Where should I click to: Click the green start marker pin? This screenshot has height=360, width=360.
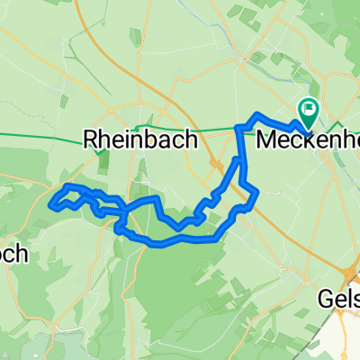tap(310, 112)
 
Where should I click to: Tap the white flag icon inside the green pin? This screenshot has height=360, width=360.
tap(310, 109)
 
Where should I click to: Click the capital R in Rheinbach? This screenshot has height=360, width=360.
tap(90, 139)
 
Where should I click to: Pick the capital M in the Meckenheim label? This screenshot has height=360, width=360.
tap(266, 139)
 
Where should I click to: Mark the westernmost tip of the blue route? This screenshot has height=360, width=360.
tap(53, 204)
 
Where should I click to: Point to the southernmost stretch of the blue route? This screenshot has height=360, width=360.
tap(162, 243)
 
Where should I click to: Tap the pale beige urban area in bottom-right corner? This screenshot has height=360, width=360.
tap(346, 346)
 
